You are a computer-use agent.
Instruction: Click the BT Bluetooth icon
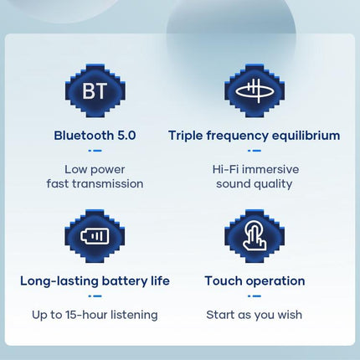[x=95, y=90]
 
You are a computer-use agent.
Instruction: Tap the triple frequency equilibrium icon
[x=254, y=90]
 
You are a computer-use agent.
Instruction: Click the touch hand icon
[x=254, y=235]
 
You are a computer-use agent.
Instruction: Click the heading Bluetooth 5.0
[x=95, y=135]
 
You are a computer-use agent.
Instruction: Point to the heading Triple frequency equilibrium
[x=254, y=135]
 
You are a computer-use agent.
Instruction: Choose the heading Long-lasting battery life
[x=95, y=280]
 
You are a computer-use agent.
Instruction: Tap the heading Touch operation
[x=255, y=280]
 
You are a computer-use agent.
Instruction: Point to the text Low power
[x=95, y=168]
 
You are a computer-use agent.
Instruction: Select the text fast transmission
[x=95, y=183]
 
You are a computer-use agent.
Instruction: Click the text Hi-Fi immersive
[x=254, y=168]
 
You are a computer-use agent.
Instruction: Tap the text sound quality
[x=254, y=183]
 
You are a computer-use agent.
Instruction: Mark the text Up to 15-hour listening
[x=95, y=315]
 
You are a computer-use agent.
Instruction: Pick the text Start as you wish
[x=254, y=315]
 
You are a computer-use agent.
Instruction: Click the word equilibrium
[x=302, y=135]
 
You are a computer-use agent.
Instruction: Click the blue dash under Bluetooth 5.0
[x=95, y=151]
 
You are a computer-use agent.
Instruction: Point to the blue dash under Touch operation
[x=254, y=296]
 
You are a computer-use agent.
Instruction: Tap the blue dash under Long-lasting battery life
[x=95, y=296]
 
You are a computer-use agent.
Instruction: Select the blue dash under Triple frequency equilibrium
[x=254, y=151]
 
